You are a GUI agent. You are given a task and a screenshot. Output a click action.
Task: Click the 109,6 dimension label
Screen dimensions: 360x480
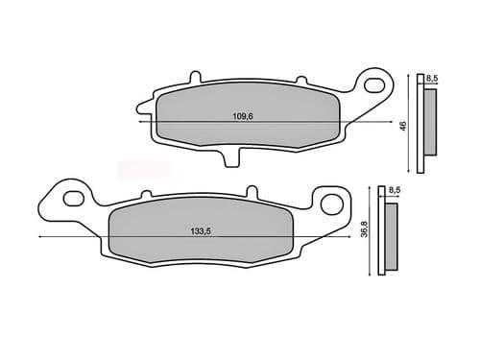(242, 116)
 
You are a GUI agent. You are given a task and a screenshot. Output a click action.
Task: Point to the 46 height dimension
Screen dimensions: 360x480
(403, 125)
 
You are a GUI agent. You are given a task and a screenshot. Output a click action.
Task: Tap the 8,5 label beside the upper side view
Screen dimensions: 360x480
(433, 78)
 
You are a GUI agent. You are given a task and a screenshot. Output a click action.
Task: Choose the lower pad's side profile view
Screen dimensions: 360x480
(389, 236)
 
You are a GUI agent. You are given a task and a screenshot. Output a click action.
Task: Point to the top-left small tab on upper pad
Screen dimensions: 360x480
(196, 75)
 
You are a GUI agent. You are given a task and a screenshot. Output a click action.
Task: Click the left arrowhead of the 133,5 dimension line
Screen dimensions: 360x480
(38, 237)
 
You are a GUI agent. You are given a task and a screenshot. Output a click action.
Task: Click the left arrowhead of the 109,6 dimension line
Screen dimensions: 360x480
(142, 123)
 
